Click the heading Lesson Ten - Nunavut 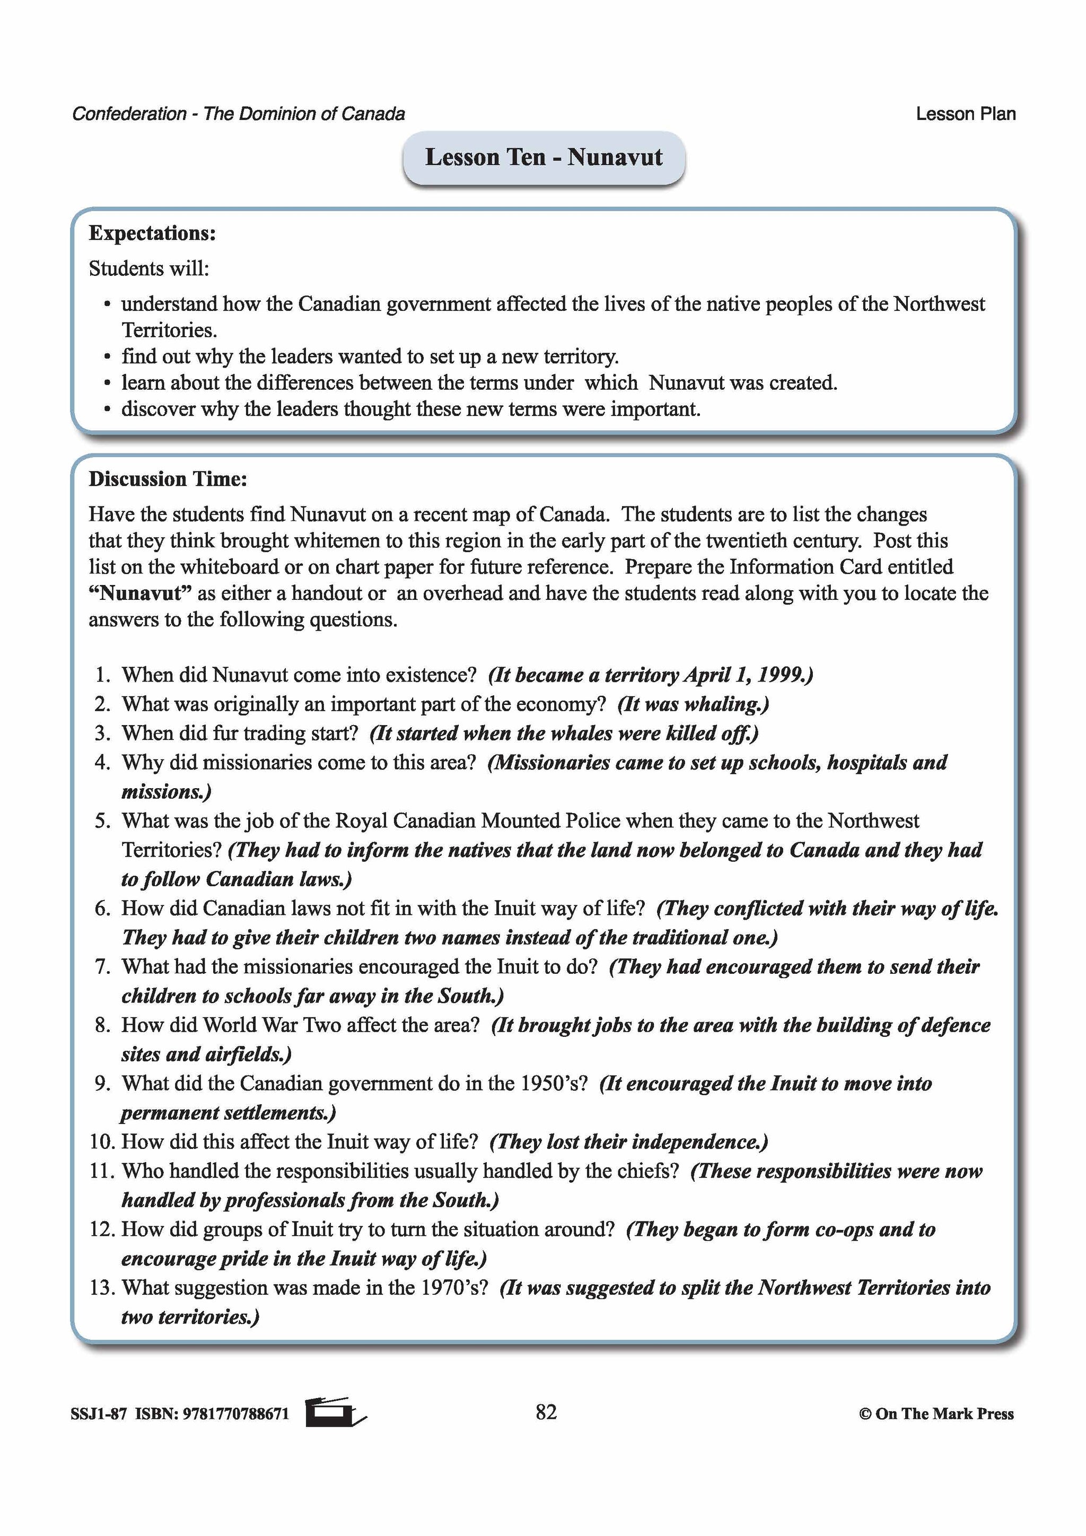click(543, 157)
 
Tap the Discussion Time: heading click(168, 478)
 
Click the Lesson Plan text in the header click(965, 114)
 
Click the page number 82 click(546, 1411)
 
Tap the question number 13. click(102, 1288)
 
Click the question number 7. click(102, 967)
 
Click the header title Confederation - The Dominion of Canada click(238, 114)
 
